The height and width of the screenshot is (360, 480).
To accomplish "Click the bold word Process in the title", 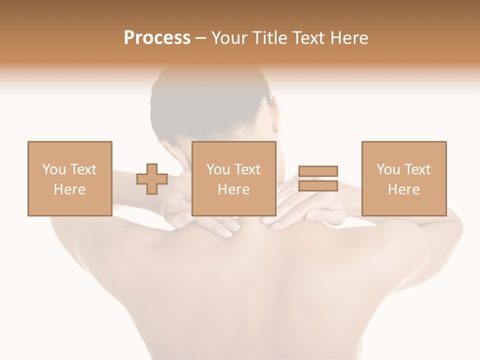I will tap(157, 38).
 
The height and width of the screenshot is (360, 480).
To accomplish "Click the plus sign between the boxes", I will tap(152, 179).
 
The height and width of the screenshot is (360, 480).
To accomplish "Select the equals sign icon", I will tap(318, 178).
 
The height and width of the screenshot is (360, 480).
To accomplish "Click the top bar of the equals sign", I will tap(318, 171).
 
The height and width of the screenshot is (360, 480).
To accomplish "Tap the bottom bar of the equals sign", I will tap(318, 186).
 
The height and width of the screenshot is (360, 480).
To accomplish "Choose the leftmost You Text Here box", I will tap(69, 178).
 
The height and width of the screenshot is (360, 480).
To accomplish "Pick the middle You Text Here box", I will tap(233, 178).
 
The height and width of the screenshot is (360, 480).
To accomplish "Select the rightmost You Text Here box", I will tap(403, 178).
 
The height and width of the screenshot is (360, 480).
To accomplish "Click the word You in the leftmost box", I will tap(54, 169).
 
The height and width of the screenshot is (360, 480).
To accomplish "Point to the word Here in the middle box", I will tap(233, 189).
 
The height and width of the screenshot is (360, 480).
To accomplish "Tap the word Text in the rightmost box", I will tap(417, 169).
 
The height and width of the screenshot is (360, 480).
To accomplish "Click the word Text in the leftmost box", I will tap(83, 169).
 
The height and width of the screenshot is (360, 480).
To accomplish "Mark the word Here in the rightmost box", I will tap(403, 189).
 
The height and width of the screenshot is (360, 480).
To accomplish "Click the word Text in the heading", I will tap(309, 38).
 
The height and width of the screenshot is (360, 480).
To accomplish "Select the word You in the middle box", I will tap(218, 169).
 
